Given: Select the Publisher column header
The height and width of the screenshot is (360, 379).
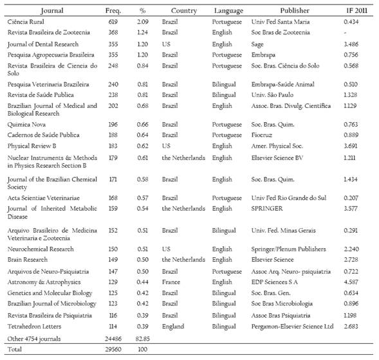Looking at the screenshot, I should tap(295, 11).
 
